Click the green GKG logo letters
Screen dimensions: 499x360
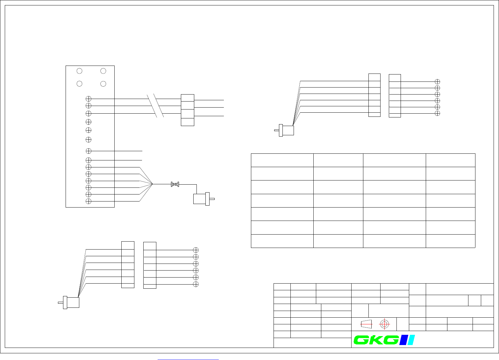(376, 340)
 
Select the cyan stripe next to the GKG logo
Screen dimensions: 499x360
(411, 340)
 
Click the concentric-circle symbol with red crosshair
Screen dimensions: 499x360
(384, 324)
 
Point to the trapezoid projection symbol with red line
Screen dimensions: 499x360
(367, 324)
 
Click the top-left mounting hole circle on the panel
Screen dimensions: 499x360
(80, 71)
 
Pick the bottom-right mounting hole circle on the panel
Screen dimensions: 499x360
(103, 84)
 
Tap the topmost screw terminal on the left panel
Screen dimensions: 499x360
(89, 99)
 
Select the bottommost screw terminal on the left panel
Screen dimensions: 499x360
(89, 201)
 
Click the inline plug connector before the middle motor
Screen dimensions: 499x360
(175, 184)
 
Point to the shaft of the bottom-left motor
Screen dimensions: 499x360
(61, 302)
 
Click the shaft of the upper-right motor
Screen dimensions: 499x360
(276, 130)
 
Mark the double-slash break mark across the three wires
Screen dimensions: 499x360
(155, 106)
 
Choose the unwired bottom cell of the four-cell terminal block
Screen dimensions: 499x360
(187, 122)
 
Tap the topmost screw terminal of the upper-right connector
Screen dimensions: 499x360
(438, 81)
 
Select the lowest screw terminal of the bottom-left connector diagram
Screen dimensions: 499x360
(196, 284)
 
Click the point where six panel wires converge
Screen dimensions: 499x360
(153, 184)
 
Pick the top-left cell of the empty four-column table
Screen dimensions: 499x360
(282, 160)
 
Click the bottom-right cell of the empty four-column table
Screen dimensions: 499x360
(450, 241)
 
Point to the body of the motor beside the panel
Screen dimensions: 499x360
(200, 199)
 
